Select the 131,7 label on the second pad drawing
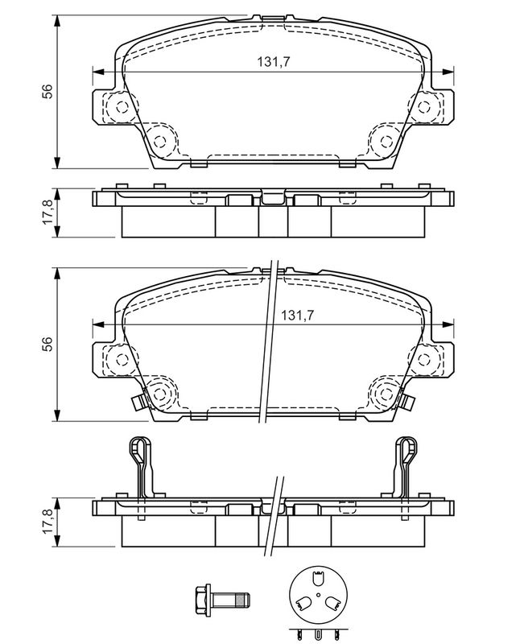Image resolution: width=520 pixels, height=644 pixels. pyautogui.click(x=295, y=316)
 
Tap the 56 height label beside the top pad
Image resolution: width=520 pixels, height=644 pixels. pyautogui.click(x=48, y=91)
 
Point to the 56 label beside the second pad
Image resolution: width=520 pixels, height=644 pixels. pyautogui.click(x=48, y=343)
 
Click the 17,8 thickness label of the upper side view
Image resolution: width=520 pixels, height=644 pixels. pyautogui.click(x=48, y=213)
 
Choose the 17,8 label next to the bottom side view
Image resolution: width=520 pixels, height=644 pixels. pyautogui.click(x=48, y=522)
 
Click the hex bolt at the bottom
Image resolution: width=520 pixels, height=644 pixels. pyautogui.click(x=223, y=599)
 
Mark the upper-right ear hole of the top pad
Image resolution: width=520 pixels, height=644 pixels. pyautogui.click(x=424, y=107)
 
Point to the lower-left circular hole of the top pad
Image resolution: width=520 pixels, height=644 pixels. pyautogui.click(x=161, y=141)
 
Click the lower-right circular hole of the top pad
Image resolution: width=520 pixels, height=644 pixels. pyautogui.click(x=385, y=141)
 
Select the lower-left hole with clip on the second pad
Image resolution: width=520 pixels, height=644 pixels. pyautogui.click(x=159, y=394)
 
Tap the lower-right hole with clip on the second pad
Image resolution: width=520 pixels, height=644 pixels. pyautogui.click(x=386, y=394)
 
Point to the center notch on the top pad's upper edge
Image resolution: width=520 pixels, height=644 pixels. pyautogui.click(x=273, y=17)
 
